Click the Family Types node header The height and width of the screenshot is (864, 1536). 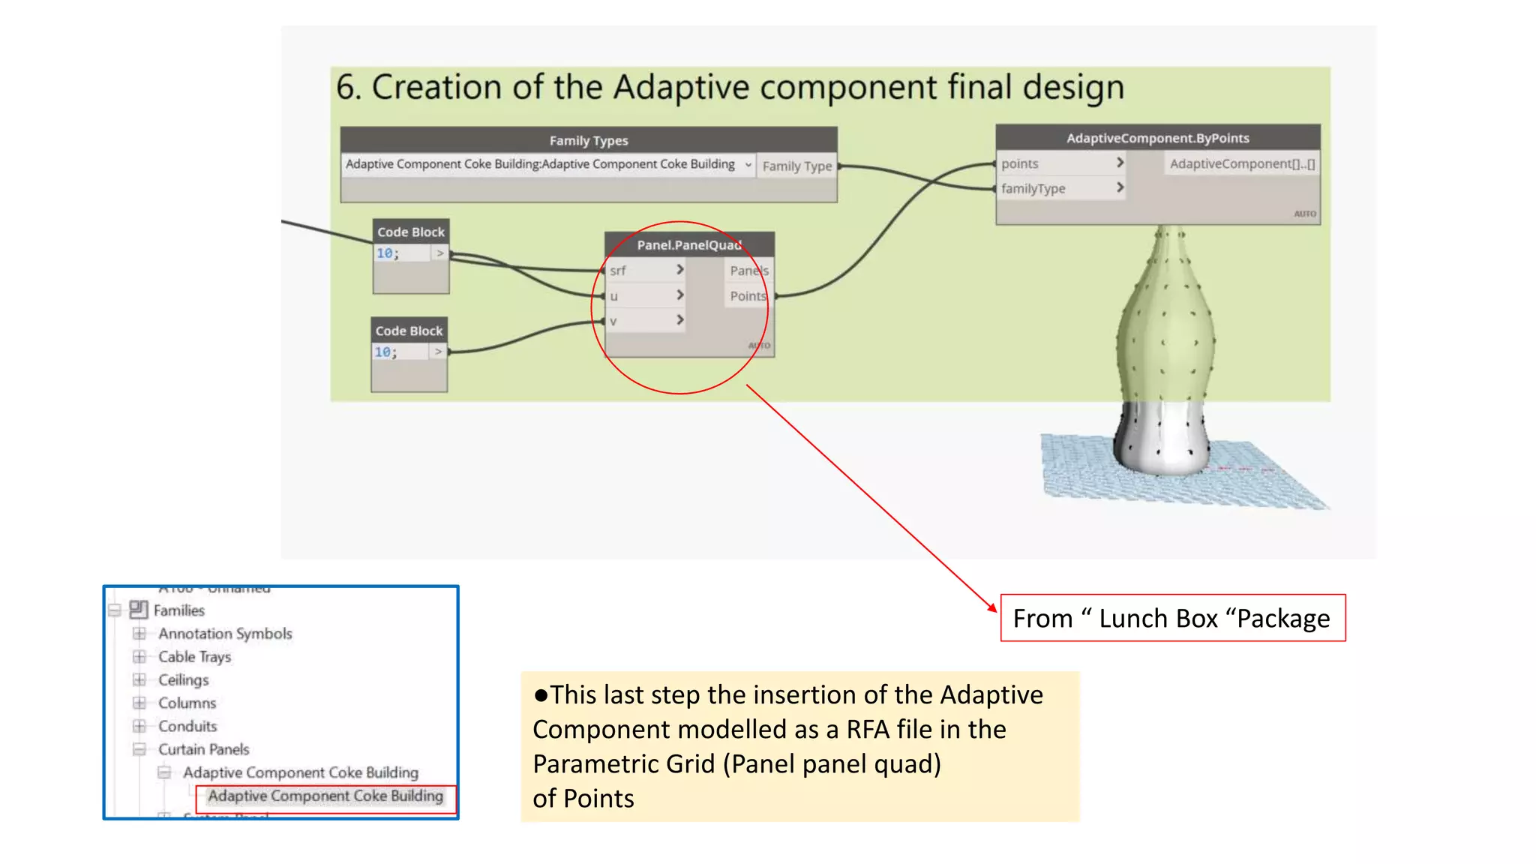[x=589, y=140]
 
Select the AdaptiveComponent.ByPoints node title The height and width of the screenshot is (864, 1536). [x=1157, y=138]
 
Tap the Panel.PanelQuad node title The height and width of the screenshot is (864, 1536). [x=688, y=245]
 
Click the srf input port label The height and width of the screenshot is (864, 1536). [x=618, y=271]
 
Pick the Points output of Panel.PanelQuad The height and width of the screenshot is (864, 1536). [x=748, y=296]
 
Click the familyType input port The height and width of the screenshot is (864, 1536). [x=1033, y=189]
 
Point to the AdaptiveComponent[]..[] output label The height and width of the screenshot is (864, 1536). [x=1242, y=163]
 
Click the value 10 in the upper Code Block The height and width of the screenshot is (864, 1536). [x=385, y=253]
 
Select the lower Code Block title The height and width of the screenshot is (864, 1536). [x=409, y=331]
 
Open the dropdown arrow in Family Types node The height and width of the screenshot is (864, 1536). [x=748, y=165]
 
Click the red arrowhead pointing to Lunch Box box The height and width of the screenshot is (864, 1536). [x=993, y=607]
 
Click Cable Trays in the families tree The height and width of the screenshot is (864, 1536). [x=194, y=657]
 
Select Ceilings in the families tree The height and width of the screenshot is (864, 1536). [x=183, y=680]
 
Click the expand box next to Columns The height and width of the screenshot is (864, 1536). [x=139, y=703]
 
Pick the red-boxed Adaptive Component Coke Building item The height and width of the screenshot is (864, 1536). [x=325, y=796]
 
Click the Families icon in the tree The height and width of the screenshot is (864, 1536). [x=138, y=609]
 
